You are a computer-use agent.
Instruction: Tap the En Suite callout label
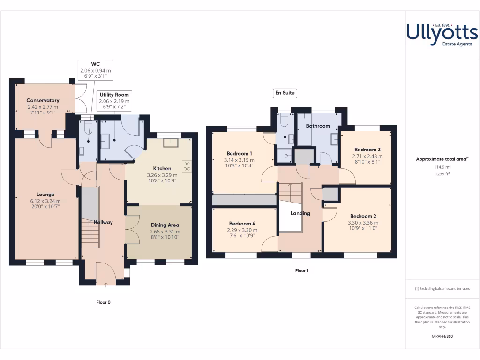tap(285, 93)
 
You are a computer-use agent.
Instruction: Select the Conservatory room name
tap(43, 100)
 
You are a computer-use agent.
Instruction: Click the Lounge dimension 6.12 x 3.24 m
tap(45, 201)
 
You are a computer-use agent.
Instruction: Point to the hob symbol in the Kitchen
tap(187, 166)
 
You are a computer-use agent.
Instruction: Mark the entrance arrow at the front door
tap(105, 284)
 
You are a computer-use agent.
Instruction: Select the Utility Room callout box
tap(114, 100)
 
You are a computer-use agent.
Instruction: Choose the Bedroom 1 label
tap(239, 153)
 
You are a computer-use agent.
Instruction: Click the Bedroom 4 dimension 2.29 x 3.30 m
tap(242, 230)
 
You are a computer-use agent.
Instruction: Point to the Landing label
tap(300, 213)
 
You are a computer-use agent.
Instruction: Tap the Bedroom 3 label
tap(367, 150)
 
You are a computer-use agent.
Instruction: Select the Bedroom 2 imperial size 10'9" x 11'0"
tap(362, 229)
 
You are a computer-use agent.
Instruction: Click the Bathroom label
tap(318, 126)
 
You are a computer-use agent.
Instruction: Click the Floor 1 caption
tap(302, 270)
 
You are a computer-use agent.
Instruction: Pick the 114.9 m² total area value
tap(442, 167)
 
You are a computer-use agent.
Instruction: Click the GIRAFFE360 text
tap(442, 336)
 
